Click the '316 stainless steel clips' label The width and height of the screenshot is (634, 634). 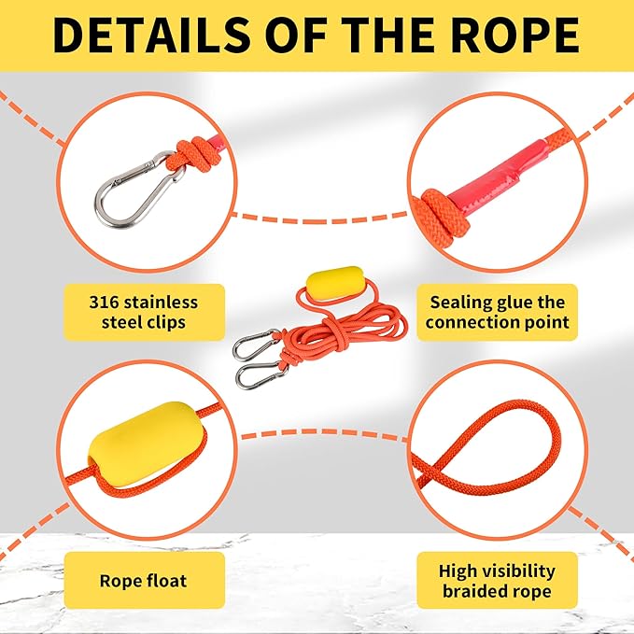click(144, 312)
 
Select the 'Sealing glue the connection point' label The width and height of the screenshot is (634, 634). click(497, 312)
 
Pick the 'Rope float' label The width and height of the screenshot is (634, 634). click(143, 581)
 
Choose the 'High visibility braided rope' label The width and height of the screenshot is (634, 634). click(497, 581)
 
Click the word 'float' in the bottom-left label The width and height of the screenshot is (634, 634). click(166, 581)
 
